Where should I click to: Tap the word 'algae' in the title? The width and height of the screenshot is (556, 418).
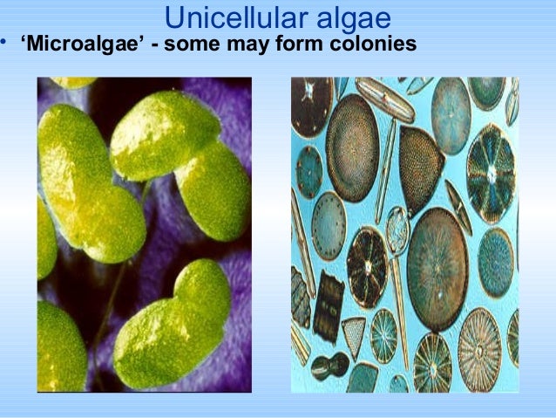(x=345, y=17)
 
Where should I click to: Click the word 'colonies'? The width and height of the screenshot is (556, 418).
(x=375, y=43)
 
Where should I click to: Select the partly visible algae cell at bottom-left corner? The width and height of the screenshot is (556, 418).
(x=59, y=349)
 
